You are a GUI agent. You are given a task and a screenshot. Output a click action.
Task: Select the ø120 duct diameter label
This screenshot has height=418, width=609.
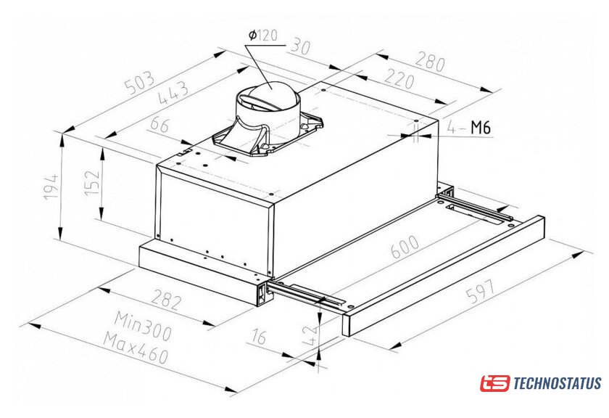point(263,36)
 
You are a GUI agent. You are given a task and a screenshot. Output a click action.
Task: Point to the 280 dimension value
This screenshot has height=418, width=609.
point(430,61)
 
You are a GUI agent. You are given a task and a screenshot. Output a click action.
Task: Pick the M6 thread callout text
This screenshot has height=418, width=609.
point(481,127)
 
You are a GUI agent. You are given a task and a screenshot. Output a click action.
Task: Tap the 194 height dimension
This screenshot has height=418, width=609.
point(51,187)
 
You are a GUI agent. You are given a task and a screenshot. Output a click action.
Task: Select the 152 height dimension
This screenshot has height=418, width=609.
point(93,183)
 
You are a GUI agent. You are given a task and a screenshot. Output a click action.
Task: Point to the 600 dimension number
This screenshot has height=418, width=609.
point(405,247)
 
